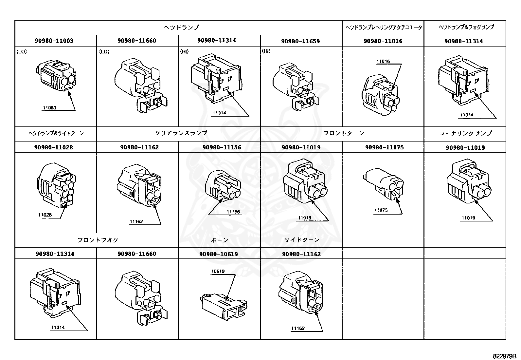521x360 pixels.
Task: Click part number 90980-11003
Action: [54, 41]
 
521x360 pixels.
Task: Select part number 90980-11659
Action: [300, 41]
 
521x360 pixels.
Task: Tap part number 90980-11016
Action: [383, 41]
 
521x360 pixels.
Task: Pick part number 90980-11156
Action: [222, 147]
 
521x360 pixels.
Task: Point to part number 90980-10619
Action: [218, 254]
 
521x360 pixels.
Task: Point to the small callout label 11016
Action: [383, 61]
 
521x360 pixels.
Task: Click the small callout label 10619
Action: [218, 271]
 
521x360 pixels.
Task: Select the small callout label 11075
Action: [381, 210]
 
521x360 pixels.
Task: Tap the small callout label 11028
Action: [45, 215]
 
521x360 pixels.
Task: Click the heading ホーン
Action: [219, 240]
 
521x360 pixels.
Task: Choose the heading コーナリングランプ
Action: [465, 133]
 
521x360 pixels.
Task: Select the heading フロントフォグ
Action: [98, 240]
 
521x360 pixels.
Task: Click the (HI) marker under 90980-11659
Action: [266, 51]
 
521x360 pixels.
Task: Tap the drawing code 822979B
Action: [504, 356]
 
